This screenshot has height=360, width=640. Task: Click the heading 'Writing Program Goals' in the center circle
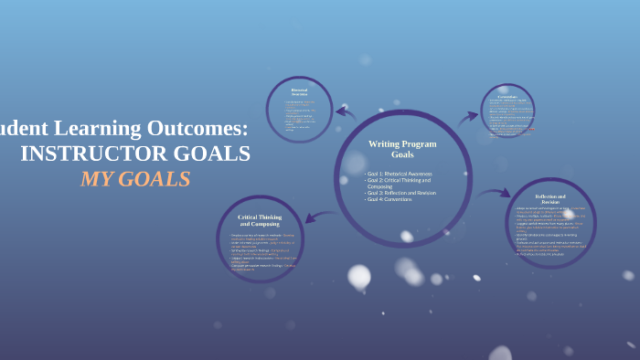[402, 149]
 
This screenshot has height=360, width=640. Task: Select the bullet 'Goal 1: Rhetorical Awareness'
[399, 174]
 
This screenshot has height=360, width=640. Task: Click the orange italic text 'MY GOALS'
[135, 179]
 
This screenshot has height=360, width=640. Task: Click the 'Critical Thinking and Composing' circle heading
[260, 220]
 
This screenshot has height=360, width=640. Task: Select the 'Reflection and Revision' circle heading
[550, 199]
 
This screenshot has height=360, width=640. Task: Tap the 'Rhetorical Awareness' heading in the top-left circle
[299, 91]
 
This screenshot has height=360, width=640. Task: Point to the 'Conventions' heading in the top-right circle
[507, 96]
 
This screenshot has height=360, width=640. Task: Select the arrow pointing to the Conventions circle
[467, 117]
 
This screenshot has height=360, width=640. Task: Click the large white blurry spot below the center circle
[359, 275]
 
